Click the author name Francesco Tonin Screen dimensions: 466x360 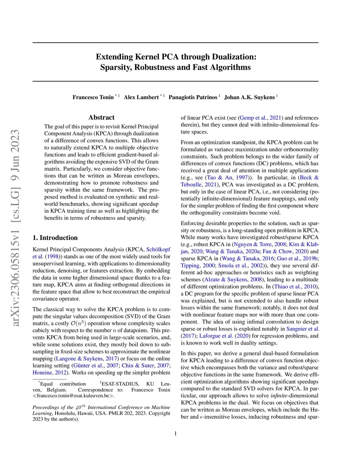click(x=93, y=97)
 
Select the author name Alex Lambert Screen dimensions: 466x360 click(x=141, y=97)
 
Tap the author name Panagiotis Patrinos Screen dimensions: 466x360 click(x=193, y=97)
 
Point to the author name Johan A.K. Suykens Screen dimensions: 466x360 click(x=249, y=97)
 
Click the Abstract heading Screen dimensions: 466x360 click(x=101, y=117)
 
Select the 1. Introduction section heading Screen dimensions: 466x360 click(x=55, y=238)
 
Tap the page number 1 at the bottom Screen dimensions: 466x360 click(x=175, y=434)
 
